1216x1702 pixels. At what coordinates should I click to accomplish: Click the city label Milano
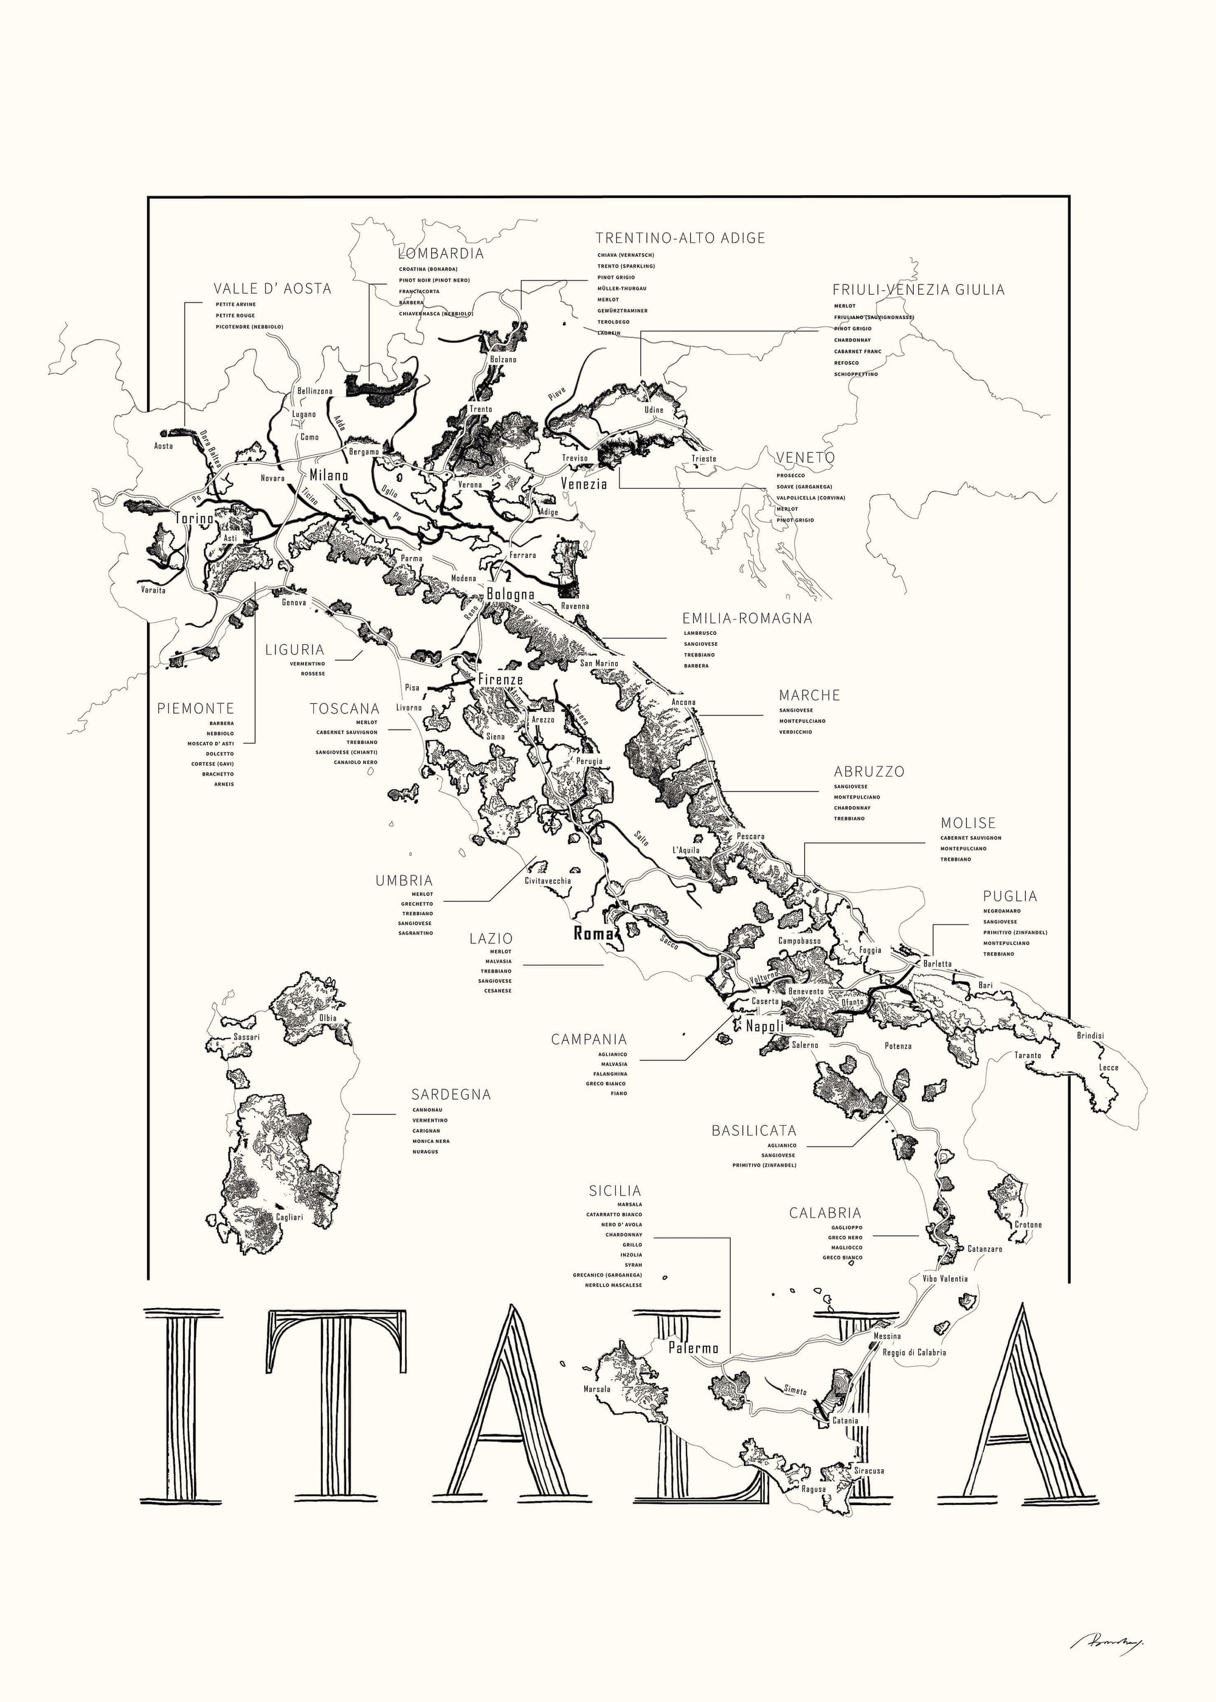[x=329, y=475]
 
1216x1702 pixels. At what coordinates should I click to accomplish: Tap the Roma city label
[x=593, y=933]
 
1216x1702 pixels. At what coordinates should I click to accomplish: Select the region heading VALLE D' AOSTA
[x=272, y=289]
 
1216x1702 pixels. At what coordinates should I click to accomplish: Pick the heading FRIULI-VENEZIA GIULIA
[x=918, y=290]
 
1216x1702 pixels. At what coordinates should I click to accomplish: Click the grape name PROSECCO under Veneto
[x=790, y=475]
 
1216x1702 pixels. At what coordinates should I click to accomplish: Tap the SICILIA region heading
[x=615, y=1191]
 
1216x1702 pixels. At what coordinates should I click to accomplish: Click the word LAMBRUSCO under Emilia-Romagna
[x=699, y=633]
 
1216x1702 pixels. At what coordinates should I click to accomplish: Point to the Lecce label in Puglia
[x=1109, y=1067]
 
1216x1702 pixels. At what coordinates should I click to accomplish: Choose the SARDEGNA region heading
[x=451, y=1094]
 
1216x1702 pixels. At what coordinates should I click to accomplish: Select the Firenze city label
[x=500, y=680]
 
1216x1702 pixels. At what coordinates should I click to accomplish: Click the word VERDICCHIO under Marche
[x=795, y=732]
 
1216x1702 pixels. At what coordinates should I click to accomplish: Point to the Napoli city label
[x=764, y=1026]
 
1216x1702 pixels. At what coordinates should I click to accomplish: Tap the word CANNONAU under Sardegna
[x=427, y=1110]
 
